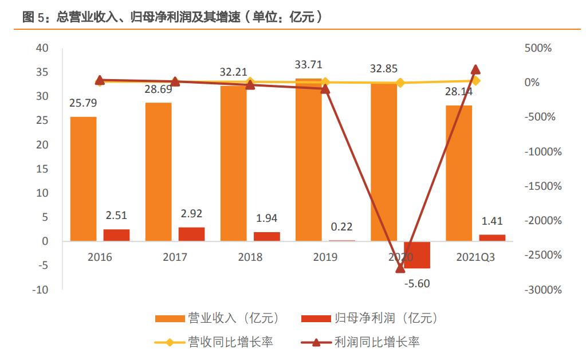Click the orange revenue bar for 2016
tap(83, 179)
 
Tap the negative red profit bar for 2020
tap(416, 255)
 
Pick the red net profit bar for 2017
tap(192, 234)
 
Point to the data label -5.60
tap(416, 283)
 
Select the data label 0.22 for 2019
tap(341, 227)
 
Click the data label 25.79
tap(83, 104)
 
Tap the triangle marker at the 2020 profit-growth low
tap(400, 268)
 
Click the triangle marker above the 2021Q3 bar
tap(475, 69)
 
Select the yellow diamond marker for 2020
tap(400, 83)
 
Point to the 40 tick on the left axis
tap(42, 48)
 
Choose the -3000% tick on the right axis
tap(543, 289)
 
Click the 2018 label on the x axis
tap(250, 257)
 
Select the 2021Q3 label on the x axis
tap(475, 257)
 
